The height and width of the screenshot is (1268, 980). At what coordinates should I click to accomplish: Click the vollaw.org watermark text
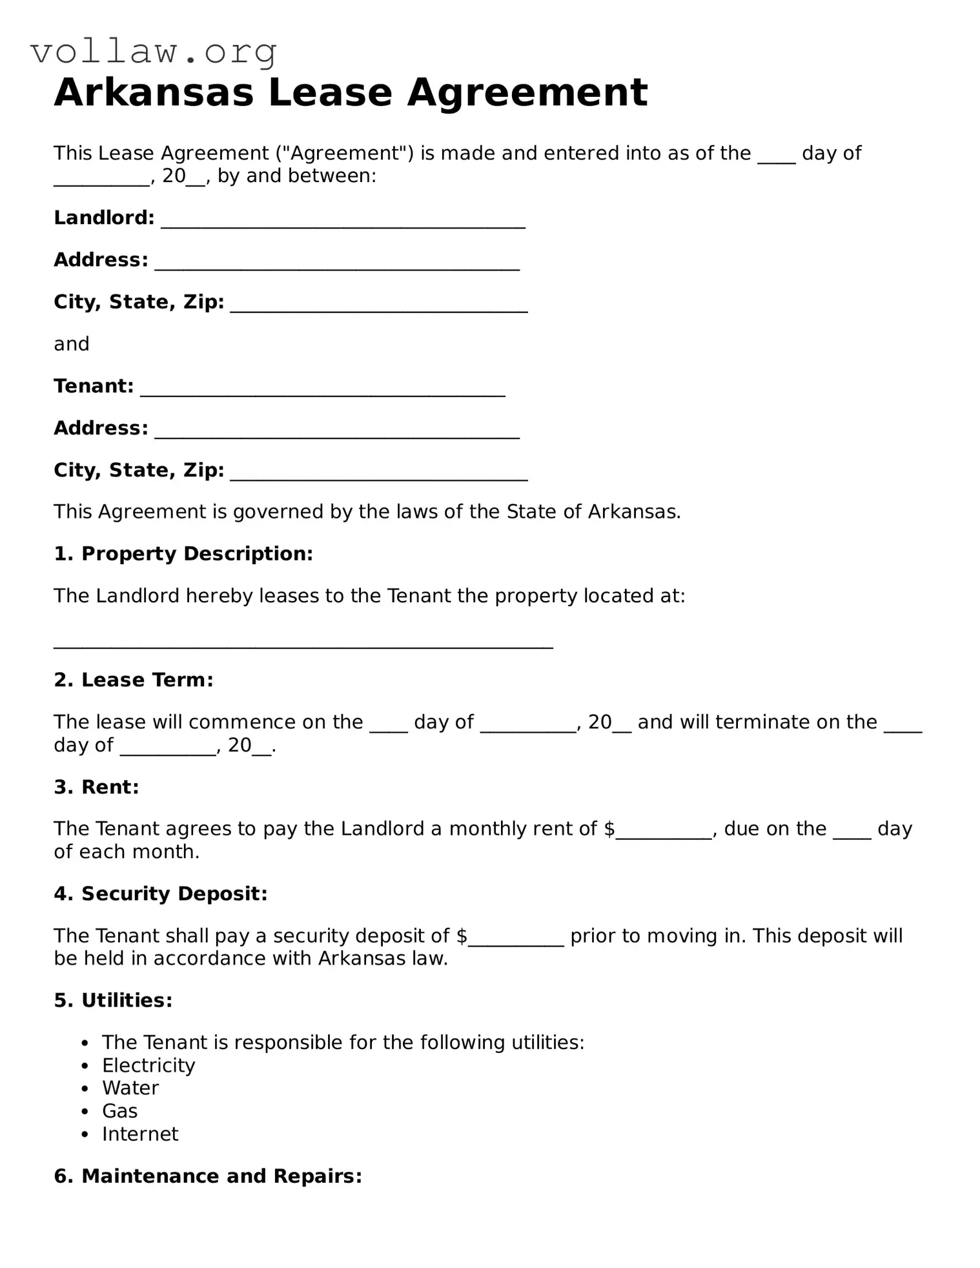(x=154, y=52)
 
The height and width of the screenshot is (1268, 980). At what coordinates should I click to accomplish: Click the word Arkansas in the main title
(x=154, y=92)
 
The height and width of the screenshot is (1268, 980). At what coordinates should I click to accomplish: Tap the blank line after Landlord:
(x=342, y=221)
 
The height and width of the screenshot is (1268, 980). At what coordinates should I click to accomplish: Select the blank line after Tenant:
(x=322, y=389)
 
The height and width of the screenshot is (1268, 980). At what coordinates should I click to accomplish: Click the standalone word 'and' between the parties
(x=71, y=344)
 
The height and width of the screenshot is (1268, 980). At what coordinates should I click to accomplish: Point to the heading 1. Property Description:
(x=183, y=554)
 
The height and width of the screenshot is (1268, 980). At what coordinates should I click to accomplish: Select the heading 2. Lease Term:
(x=133, y=680)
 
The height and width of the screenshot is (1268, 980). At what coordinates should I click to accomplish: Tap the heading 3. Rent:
(x=96, y=787)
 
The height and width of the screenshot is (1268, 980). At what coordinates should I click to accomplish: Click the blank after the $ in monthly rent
(x=664, y=832)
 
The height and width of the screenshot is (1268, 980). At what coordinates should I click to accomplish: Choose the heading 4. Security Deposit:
(x=160, y=894)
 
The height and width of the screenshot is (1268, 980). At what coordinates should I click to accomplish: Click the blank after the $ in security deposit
(x=516, y=939)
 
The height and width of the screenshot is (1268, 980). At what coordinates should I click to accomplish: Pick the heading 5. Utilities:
(x=113, y=1001)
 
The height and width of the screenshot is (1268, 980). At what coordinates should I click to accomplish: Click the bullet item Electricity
(x=148, y=1065)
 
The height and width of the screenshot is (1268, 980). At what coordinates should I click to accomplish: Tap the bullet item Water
(x=130, y=1088)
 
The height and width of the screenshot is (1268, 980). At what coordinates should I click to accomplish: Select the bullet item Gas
(x=119, y=1111)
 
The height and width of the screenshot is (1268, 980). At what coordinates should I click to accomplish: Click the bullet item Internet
(x=140, y=1134)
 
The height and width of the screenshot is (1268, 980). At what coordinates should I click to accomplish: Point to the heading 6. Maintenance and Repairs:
(x=207, y=1176)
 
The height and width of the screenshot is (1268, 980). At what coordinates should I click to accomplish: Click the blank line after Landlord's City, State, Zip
(x=378, y=305)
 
